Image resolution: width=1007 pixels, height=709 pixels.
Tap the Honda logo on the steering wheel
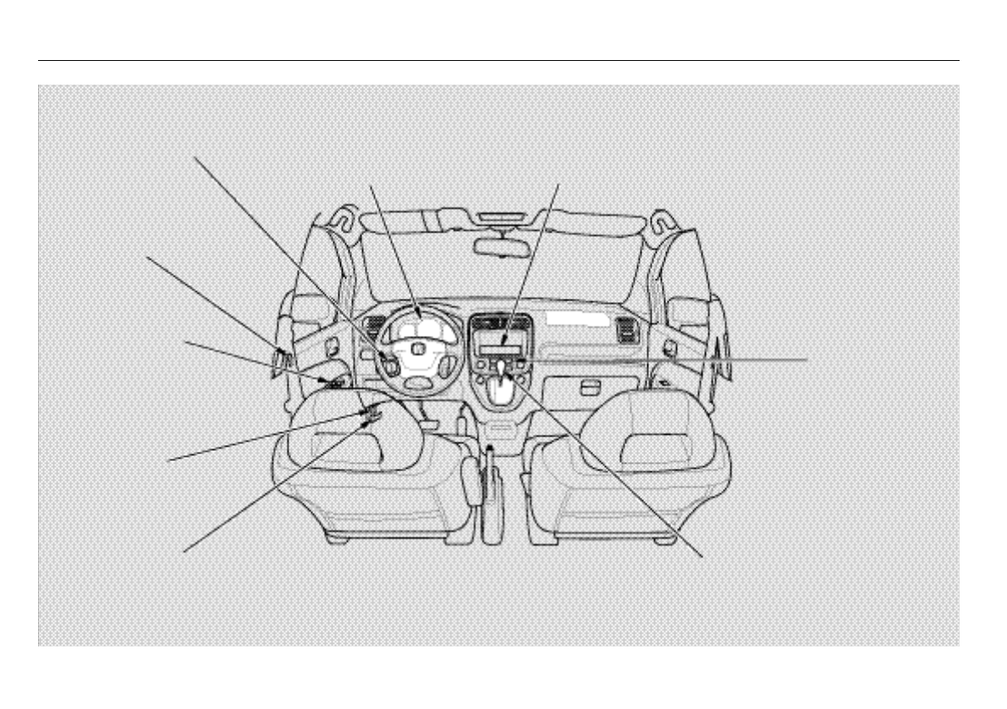point(417,349)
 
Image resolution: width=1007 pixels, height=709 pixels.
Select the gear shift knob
point(506,370)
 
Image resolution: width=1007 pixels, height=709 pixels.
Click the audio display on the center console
point(503,348)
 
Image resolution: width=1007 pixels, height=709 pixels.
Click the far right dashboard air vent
point(628,331)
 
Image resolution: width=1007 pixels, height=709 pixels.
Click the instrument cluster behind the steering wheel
point(417,321)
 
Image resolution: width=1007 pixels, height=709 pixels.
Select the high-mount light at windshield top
point(502,223)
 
